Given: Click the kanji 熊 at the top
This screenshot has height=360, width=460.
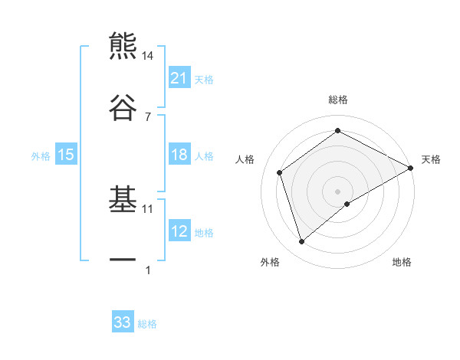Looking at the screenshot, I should (123, 46).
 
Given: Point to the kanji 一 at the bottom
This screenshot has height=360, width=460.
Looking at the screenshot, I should (123, 260).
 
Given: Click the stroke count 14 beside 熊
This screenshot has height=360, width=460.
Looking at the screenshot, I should (147, 56).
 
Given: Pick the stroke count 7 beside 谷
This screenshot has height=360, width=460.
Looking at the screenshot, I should (147, 116).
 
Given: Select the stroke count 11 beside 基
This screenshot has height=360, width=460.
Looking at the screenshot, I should (148, 208).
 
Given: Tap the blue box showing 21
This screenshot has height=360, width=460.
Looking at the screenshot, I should (179, 78).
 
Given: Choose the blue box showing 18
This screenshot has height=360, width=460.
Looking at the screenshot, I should (179, 155).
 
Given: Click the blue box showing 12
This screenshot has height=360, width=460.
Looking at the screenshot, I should (179, 231).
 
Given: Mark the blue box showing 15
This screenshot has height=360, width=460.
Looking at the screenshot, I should (66, 155).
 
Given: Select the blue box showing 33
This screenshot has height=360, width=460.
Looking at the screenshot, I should (123, 322).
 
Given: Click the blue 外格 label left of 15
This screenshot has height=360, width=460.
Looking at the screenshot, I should (41, 155).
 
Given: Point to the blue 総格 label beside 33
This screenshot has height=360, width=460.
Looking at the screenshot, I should (147, 324).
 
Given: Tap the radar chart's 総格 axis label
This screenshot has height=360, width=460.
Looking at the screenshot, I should (338, 100).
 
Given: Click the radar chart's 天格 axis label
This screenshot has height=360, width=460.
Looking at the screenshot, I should (431, 159).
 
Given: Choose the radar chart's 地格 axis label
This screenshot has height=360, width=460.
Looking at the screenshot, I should (402, 262).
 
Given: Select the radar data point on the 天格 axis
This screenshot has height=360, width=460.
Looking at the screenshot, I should (412, 167).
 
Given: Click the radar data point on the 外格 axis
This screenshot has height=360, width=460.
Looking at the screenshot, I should (301, 242).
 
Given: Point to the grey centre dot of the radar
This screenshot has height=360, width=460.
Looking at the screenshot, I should (338, 190).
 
